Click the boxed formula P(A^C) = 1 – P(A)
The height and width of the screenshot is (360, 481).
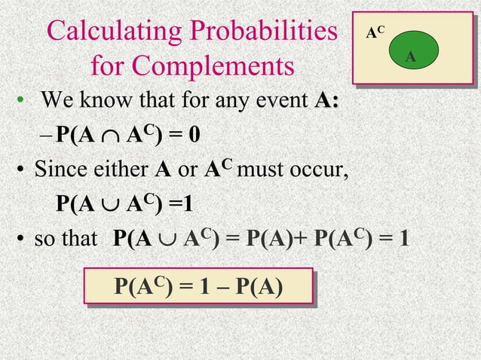pyautogui.click(x=198, y=288)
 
